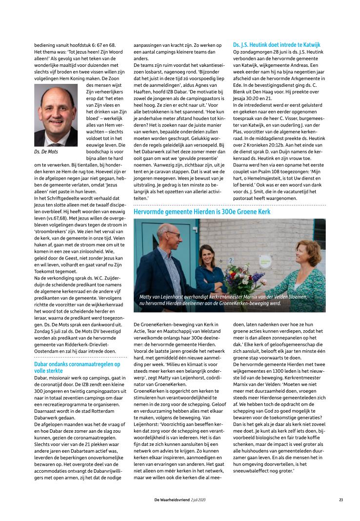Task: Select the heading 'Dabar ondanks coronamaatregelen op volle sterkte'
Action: pyautogui.click(x=77, y=367)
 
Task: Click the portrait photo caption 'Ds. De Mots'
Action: pyautogui.click(x=46, y=152)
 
